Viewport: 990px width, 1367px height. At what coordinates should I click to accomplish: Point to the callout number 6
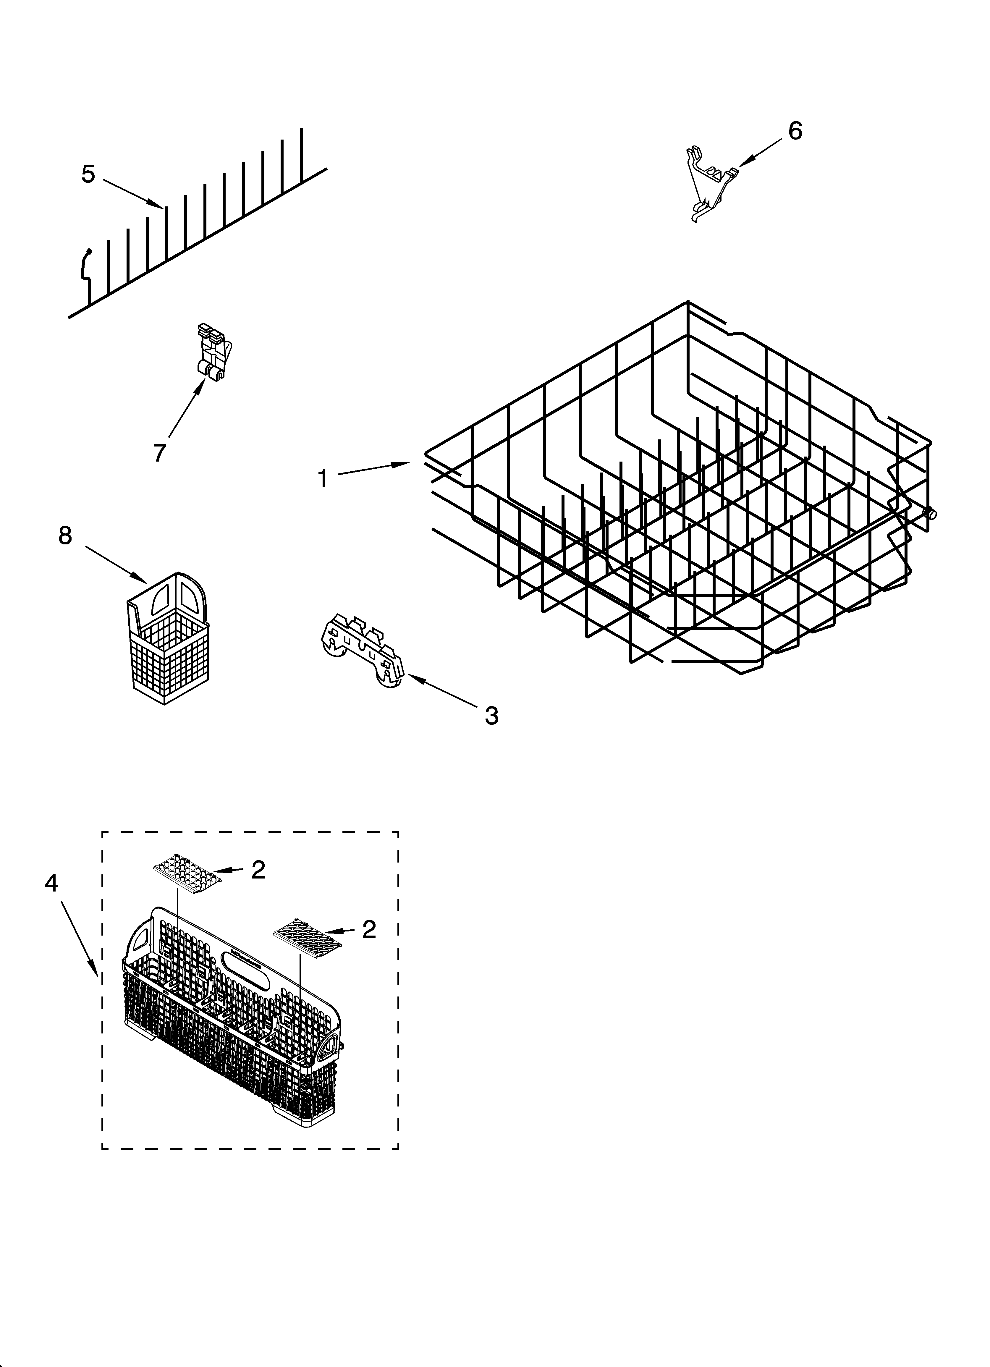795,131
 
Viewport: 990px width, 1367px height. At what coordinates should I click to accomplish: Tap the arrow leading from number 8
116,564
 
